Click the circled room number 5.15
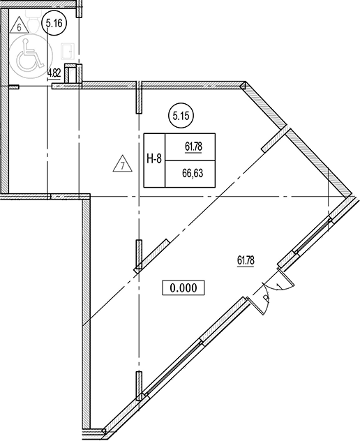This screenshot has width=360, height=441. [181, 116]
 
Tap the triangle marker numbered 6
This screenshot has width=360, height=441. [19, 26]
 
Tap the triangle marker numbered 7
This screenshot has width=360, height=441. [122, 164]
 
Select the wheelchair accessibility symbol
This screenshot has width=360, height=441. [28, 55]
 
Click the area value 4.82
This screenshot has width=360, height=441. [54, 74]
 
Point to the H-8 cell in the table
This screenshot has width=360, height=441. [154, 160]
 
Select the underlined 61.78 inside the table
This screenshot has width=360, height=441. [193, 147]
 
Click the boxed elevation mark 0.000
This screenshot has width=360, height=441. [183, 287]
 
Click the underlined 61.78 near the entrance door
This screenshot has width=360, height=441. [246, 261]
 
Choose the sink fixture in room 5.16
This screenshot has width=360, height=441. [68, 52]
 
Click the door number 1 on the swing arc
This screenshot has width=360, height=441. [279, 286]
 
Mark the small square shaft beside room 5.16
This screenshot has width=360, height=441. [73, 73]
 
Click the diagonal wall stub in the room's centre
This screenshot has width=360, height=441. [151, 255]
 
